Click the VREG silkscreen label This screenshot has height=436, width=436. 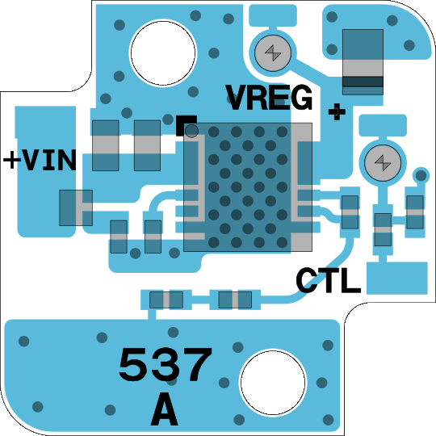269,98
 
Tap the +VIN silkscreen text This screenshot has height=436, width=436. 40,160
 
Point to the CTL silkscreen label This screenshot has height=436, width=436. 328,280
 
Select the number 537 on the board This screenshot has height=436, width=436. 166,364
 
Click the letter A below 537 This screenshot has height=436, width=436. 165,409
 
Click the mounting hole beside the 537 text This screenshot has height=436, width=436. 273,383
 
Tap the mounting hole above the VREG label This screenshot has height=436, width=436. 163,52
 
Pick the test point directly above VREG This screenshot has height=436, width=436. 273,52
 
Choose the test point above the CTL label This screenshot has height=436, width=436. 383,163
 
